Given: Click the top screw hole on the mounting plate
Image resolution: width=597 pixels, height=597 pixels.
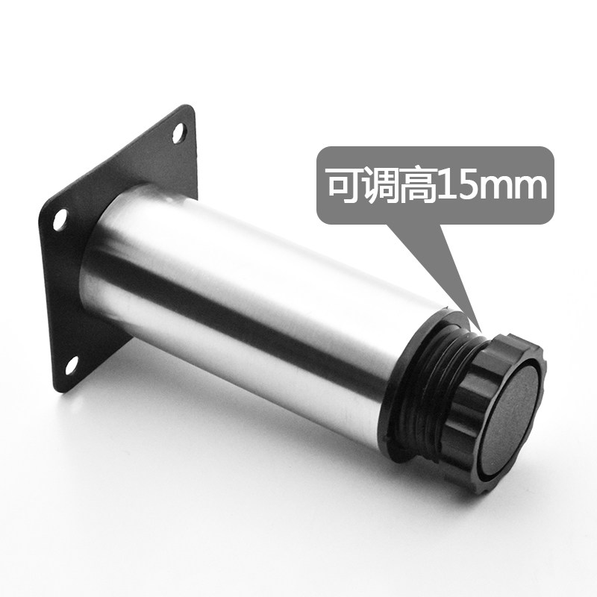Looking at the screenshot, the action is [x=179, y=133].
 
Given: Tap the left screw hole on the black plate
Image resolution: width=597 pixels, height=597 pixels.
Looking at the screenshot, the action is [x=60, y=219].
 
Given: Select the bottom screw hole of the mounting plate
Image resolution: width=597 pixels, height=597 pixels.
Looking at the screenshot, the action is [x=72, y=366].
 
